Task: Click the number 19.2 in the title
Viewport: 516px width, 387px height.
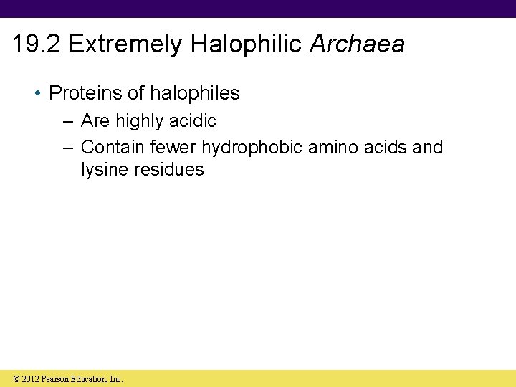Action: (37, 44)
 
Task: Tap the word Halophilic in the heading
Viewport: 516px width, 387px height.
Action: (247, 44)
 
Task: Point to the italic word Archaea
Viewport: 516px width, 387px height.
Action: (357, 44)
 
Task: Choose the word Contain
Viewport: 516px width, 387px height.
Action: (113, 148)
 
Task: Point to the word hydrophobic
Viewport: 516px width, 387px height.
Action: (252, 148)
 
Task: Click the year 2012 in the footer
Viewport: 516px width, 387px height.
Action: (31, 378)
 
